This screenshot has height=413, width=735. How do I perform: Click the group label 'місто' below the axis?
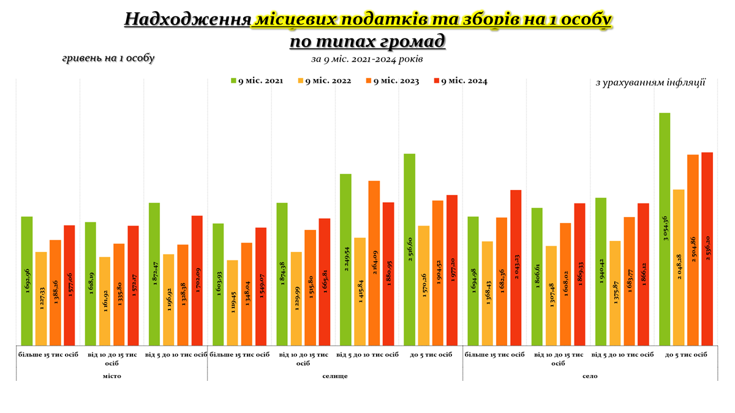[x=111, y=376]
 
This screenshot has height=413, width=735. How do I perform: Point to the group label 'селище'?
[x=335, y=376]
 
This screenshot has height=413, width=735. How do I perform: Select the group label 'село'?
[x=589, y=376]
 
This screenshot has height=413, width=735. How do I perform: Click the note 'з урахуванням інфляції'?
[x=650, y=82]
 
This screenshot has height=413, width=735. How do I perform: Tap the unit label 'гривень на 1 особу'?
[x=108, y=58]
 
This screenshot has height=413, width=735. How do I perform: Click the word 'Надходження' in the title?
[x=187, y=20]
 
